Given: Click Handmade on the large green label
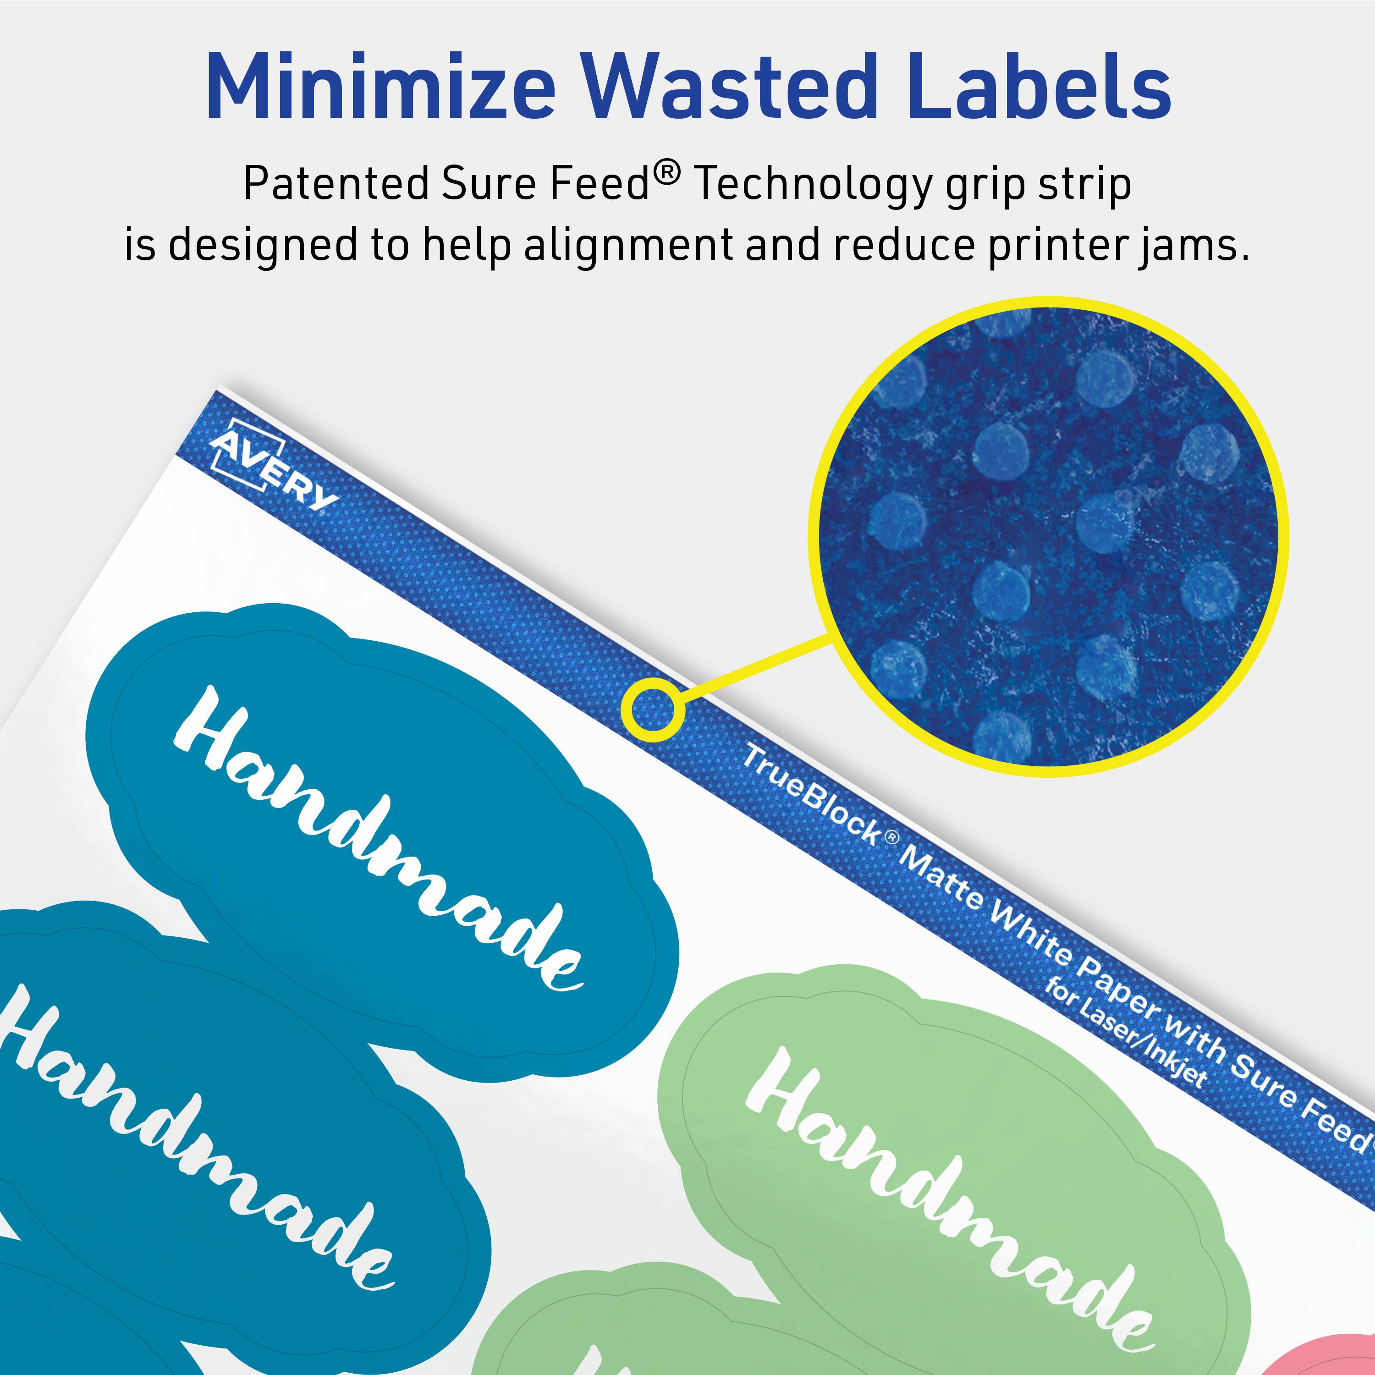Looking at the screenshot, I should click(946, 1203).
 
